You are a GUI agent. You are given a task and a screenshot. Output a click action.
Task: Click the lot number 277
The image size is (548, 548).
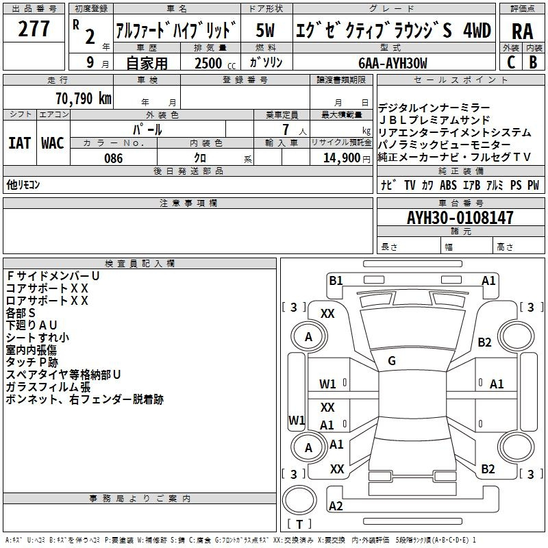(x=34, y=29)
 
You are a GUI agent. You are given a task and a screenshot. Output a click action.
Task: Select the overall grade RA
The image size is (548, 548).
(x=522, y=31)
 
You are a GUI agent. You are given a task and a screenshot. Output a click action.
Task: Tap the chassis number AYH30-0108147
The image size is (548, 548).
(x=460, y=218)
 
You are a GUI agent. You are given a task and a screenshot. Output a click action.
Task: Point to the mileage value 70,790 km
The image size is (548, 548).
(x=81, y=98)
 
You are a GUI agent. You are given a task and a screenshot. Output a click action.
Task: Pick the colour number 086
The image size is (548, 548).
(x=113, y=158)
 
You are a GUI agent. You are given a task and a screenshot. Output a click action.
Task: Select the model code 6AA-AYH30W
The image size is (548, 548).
(x=393, y=63)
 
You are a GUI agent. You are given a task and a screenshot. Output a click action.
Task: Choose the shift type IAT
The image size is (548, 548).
(x=19, y=142)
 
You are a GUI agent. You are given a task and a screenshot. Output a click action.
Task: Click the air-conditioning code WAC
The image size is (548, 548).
(x=53, y=142)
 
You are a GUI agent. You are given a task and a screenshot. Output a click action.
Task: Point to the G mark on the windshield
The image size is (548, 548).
(x=392, y=360)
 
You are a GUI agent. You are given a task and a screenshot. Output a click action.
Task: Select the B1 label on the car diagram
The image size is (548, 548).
(x=336, y=280)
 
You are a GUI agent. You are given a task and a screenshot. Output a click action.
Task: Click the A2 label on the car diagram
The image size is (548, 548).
(x=336, y=506)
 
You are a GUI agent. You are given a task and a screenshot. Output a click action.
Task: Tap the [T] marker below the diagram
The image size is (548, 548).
(x=299, y=525)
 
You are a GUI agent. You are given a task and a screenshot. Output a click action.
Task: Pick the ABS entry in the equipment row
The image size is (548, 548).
(x=449, y=185)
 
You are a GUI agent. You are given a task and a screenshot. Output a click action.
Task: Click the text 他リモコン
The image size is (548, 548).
(x=24, y=185)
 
